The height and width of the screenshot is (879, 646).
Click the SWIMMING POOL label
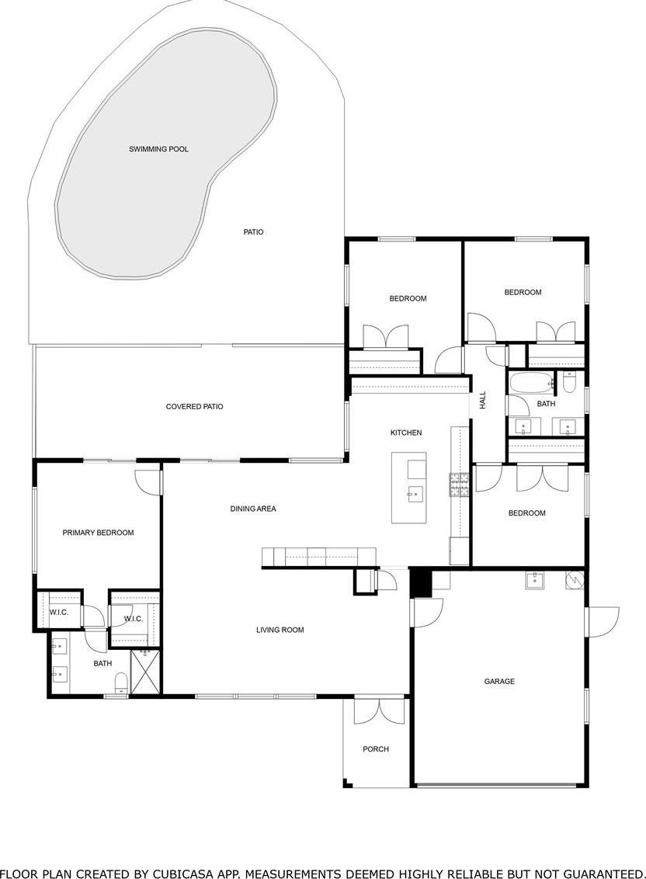(158, 149)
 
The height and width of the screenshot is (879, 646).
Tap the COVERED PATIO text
(195, 406)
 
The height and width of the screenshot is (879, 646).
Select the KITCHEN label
(406, 433)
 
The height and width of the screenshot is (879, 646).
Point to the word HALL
(483, 400)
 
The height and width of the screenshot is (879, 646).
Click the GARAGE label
(500, 682)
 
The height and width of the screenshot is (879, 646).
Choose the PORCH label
(376, 749)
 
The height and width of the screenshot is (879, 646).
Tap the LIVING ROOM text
(280, 630)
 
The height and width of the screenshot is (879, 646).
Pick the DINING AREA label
(253, 509)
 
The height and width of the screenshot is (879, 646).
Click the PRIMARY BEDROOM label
(98, 533)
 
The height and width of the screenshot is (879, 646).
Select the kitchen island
(408, 488)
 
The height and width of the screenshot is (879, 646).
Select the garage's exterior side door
(602, 621)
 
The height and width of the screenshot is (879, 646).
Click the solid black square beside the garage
(420, 583)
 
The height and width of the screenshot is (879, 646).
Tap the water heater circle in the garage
(574, 581)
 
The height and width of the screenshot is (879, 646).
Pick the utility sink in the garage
(534, 580)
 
